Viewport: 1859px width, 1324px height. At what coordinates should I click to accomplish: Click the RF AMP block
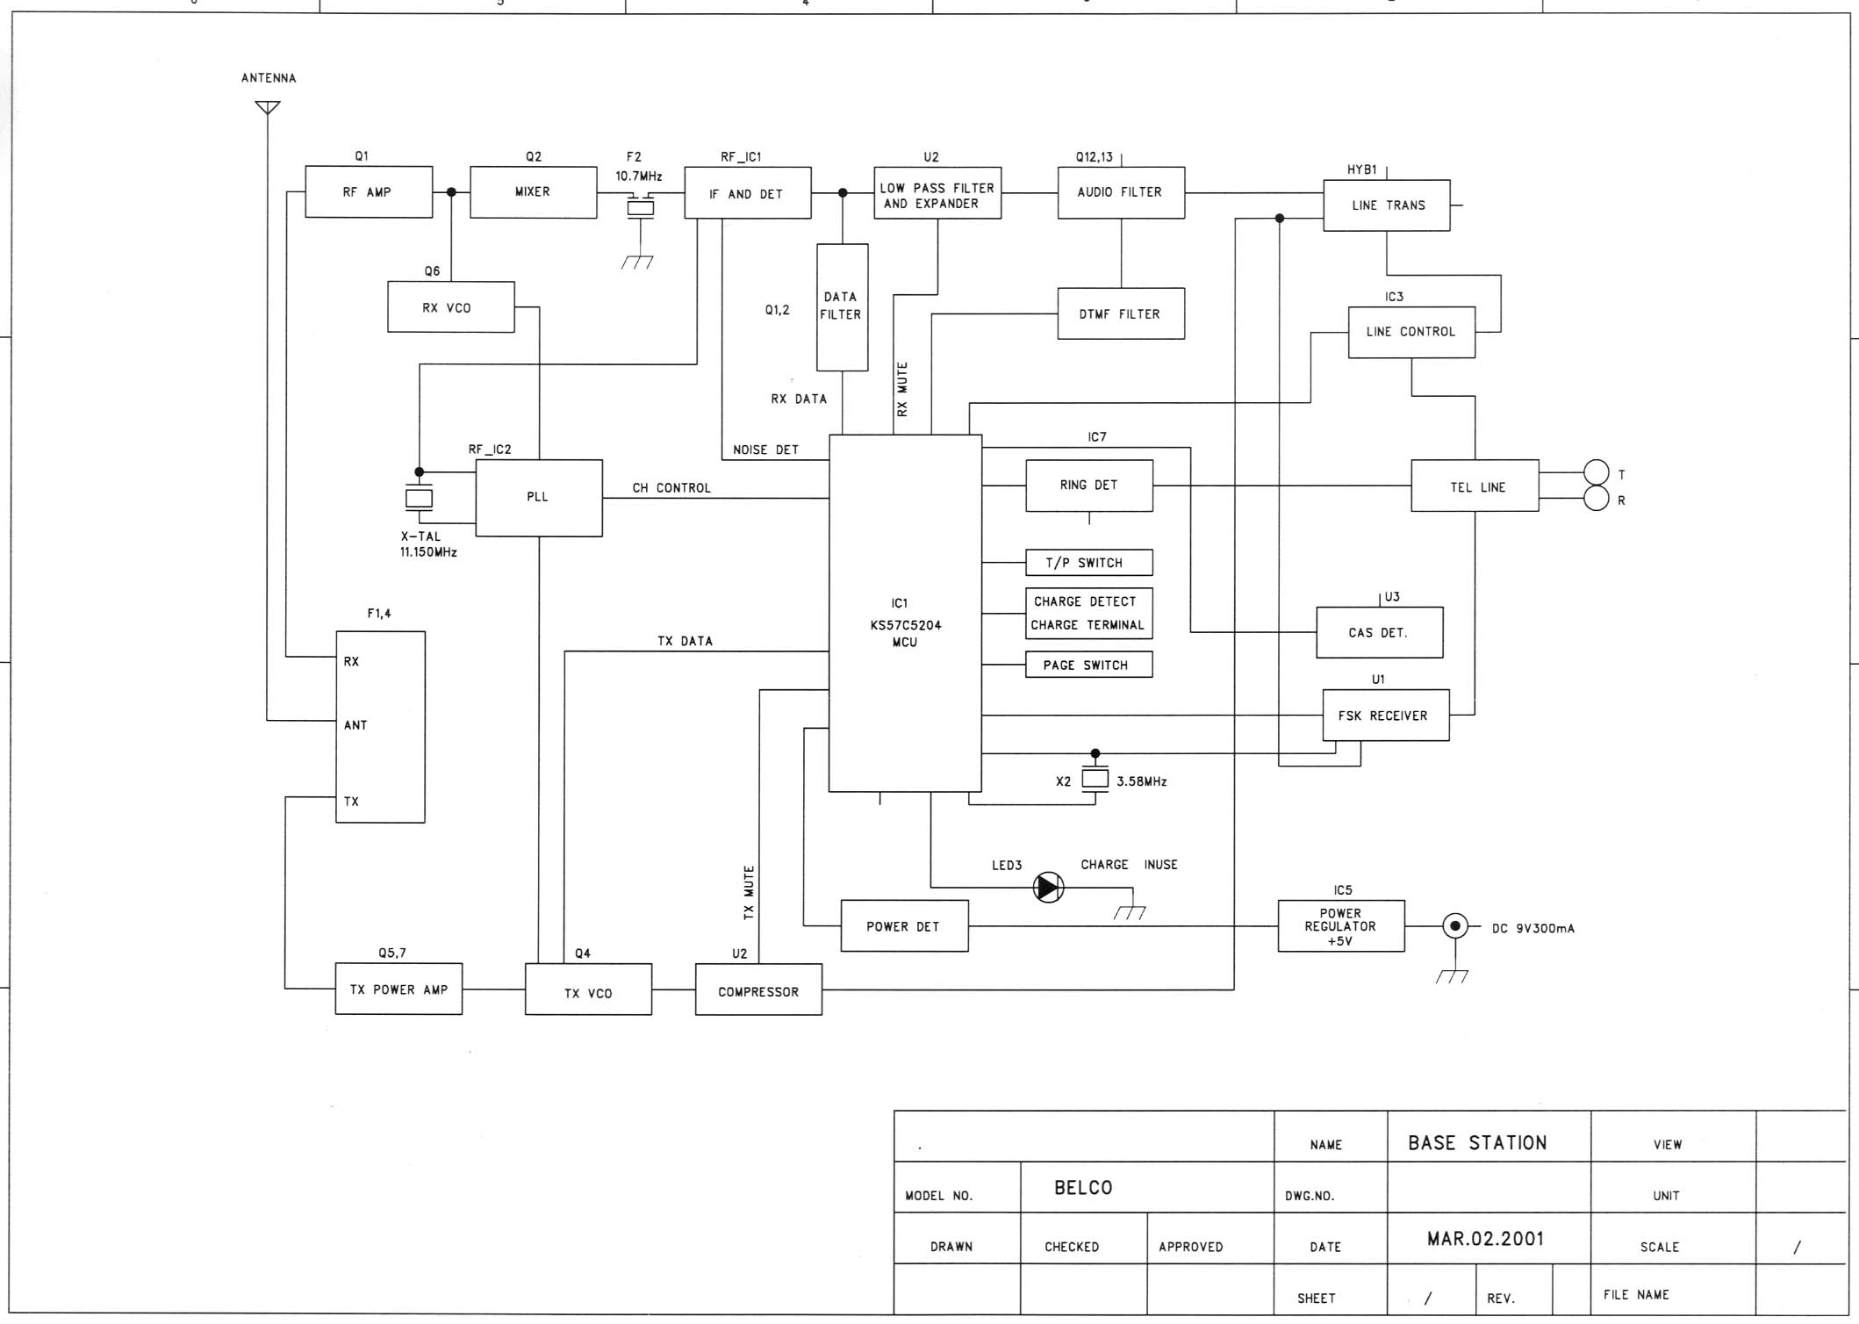[x=369, y=191]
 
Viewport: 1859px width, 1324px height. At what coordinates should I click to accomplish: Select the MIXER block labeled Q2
[x=533, y=191]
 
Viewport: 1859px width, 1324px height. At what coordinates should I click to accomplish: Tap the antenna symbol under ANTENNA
[x=268, y=107]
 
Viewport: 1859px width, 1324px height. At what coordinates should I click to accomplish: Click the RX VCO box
[x=450, y=307]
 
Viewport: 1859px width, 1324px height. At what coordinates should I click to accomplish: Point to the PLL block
[x=538, y=497]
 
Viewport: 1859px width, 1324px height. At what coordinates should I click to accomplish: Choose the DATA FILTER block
[x=842, y=306]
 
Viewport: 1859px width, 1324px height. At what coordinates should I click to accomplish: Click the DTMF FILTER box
[x=1120, y=313]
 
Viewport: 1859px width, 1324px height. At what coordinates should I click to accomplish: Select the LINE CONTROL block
[x=1410, y=332]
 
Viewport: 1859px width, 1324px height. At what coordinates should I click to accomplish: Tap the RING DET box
[x=1088, y=485]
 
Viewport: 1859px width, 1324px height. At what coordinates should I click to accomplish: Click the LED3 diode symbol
[x=1048, y=887]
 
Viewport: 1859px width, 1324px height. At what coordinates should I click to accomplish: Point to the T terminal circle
[x=1596, y=472]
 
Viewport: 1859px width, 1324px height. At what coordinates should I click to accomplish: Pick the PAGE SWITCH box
[x=1088, y=665]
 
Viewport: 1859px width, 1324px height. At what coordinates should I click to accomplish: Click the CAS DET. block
[x=1378, y=632]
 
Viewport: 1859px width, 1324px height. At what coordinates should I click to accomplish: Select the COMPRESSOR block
[x=758, y=990]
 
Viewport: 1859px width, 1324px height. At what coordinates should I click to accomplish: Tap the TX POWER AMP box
[x=398, y=989]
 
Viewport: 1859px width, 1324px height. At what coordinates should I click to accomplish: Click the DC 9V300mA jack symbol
[x=1454, y=925]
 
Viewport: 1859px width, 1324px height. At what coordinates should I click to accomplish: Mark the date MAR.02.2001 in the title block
[x=1485, y=1239]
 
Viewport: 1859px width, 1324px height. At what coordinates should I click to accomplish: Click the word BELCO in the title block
[x=1083, y=1188]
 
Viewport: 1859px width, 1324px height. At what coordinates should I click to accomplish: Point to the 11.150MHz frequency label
[x=428, y=552]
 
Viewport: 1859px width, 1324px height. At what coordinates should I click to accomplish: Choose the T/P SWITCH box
[x=1088, y=563]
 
